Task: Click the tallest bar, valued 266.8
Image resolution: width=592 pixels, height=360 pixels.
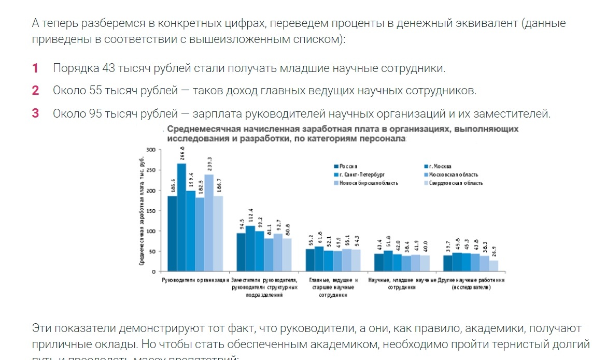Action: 181,218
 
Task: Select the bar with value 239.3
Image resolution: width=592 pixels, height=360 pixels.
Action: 209,223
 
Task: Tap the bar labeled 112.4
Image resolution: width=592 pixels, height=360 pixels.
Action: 250,249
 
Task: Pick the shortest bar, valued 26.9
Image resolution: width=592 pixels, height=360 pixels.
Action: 494,266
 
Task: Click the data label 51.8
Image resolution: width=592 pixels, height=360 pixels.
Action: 388,241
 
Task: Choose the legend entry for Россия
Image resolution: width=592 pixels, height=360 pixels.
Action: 349,166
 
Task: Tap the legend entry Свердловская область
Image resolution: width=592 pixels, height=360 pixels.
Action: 456,183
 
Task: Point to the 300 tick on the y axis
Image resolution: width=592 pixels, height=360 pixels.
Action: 151,150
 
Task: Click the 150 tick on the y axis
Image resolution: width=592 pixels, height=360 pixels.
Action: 151,211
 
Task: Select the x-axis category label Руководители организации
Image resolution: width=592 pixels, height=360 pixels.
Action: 195,280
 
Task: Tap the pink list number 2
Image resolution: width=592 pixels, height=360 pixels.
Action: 35,91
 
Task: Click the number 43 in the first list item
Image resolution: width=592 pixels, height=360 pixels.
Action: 94,68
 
